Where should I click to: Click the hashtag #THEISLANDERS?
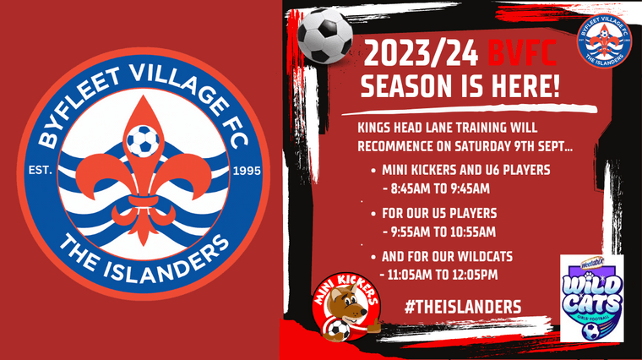click(461, 305)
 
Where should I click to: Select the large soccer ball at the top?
click(318, 35)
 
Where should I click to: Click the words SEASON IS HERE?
click(460, 87)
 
